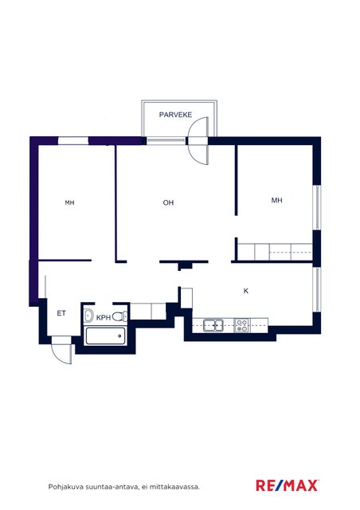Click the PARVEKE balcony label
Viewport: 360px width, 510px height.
(175, 115)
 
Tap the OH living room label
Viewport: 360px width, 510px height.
(168, 202)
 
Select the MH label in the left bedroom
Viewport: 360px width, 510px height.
(69, 202)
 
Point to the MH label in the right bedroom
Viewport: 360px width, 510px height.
(276, 200)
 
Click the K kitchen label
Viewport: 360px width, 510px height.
(246, 291)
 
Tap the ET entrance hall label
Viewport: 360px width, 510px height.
(61, 313)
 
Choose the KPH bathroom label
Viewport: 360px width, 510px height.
(104, 317)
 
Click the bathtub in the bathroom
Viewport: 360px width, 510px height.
(105, 336)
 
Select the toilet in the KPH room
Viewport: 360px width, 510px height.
(120, 316)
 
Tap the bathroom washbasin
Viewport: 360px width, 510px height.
(88, 316)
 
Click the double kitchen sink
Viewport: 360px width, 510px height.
(213, 325)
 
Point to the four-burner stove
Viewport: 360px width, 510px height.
(241, 325)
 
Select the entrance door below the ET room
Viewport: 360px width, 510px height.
(61, 351)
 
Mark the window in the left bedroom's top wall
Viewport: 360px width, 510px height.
(73, 141)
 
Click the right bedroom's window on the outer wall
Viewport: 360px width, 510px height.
(317, 207)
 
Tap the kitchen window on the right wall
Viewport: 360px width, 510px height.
(317, 289)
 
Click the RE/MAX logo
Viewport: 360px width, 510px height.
(287, 485)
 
